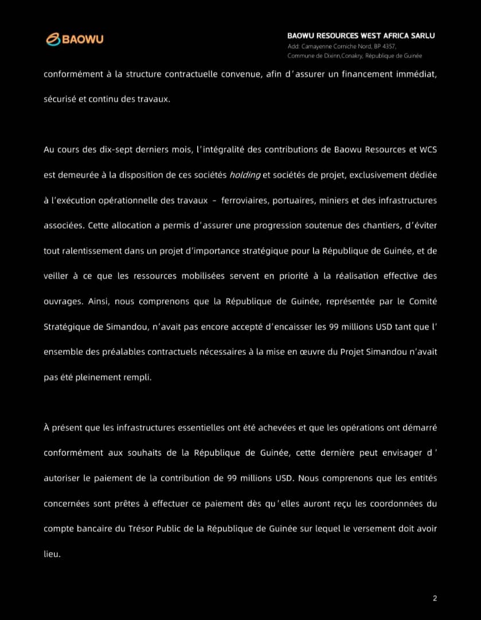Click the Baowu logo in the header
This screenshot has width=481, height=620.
coord(75,39)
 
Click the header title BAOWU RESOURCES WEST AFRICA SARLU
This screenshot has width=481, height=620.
coord(361,36)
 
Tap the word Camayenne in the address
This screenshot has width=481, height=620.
coord(314,46)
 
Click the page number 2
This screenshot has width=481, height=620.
coord(435,599)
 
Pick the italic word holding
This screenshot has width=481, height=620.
coord(245,175)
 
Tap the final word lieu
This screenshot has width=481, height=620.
coord(51,554)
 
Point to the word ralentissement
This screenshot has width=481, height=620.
coord(91,251)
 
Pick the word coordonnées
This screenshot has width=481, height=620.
coord(393,503)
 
